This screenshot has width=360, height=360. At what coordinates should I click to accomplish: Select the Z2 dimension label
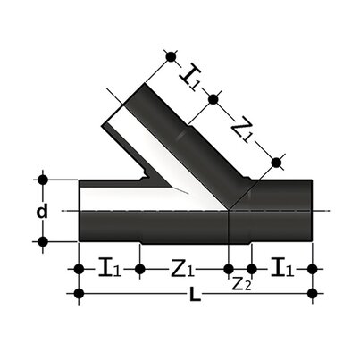[239, 285]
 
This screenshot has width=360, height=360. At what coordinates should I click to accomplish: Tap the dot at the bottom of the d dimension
[42, 241]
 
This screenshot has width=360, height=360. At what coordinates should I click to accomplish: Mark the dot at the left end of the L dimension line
[80, 293]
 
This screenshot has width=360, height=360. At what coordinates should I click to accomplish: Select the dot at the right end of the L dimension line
[313, 293]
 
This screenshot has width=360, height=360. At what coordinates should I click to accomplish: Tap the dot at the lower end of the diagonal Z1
[276, 162]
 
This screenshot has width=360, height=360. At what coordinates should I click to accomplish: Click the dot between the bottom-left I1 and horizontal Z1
[138, 268]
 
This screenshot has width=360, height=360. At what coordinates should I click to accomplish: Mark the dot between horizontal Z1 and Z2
[228, 268]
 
